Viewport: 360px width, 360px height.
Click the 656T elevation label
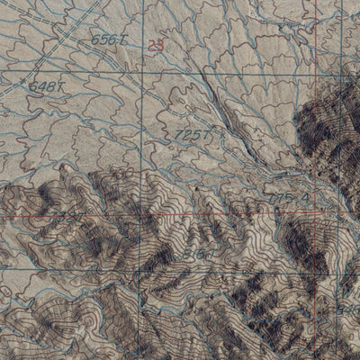[x=106, y=40]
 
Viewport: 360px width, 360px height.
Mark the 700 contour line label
[x=63, y=214]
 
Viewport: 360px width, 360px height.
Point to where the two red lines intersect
[x=317, y=216]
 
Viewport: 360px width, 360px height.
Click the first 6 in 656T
[x=94, y=40]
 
